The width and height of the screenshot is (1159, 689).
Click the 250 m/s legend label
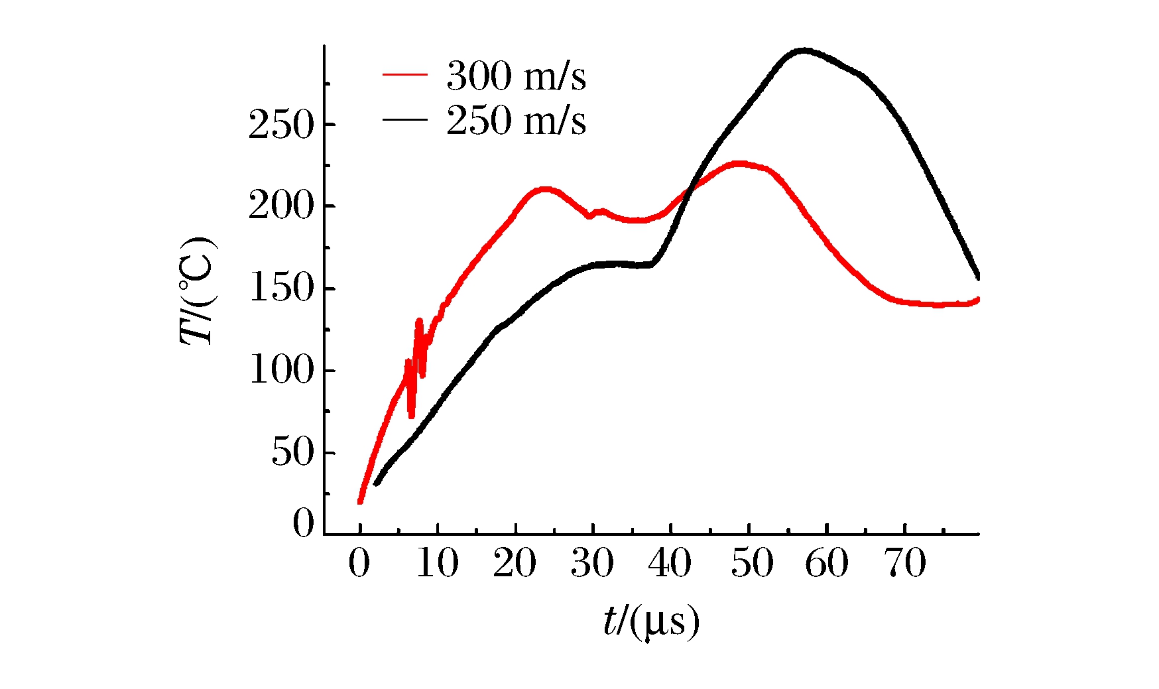click(516, 120)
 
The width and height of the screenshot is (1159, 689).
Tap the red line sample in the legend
click(404, 75)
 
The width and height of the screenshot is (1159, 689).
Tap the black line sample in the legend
click(404, 120)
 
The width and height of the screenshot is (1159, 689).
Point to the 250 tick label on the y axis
click(280, 125)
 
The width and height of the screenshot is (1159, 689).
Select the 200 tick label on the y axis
click(280, 206)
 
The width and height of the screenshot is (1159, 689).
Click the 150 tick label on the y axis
click(280, 288)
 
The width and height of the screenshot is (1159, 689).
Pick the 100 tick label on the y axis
click(280, 370)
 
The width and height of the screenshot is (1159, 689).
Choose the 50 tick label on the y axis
click(292, 452)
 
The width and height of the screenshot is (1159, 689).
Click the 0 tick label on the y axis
click(303, 523)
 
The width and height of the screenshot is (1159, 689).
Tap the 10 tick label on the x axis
click(437, 563)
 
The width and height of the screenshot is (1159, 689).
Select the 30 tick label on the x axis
click(593, 563)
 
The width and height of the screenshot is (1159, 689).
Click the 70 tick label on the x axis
click(905, 563)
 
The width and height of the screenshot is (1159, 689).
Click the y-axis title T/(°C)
click(198, 290)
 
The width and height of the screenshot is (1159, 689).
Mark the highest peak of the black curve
click(804, 50)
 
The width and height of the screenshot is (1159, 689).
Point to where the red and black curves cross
click(689, 190)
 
